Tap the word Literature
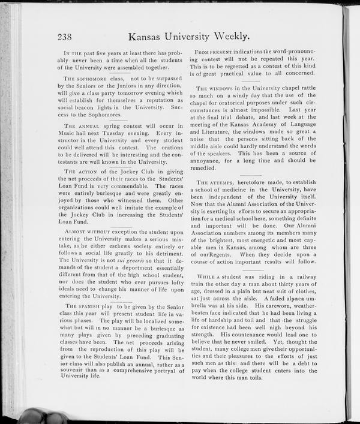[x=218, y=131]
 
